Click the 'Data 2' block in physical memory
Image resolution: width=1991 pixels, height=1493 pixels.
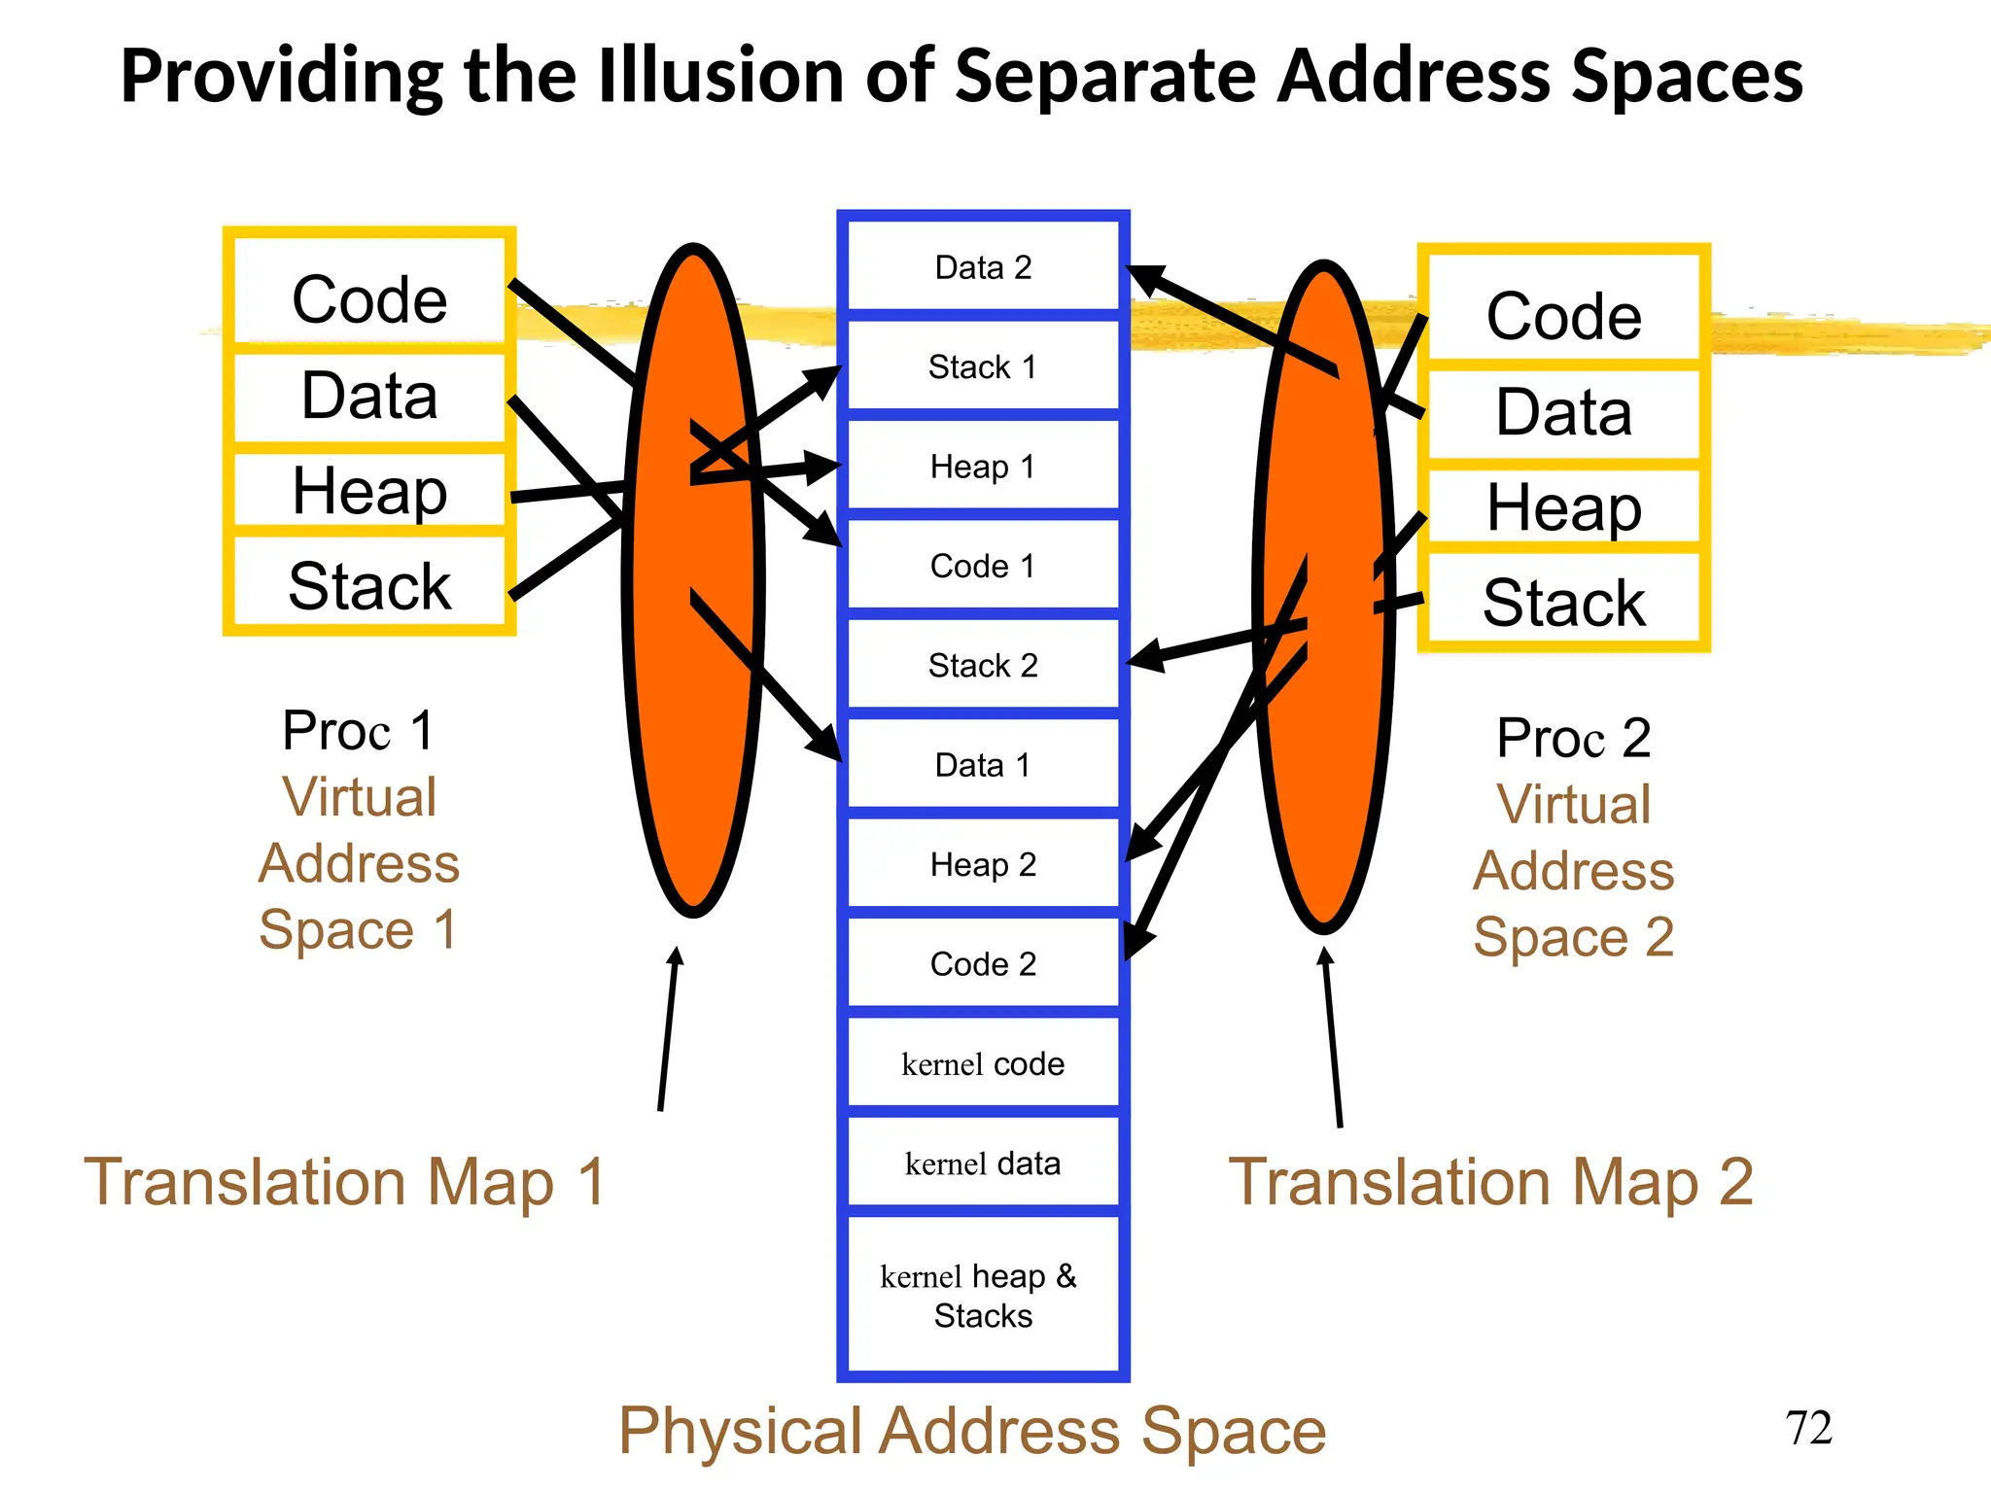click(983, 267)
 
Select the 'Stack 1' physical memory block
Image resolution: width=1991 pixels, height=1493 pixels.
click(983, 367)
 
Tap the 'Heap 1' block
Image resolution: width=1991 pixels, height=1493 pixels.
click(983, 467)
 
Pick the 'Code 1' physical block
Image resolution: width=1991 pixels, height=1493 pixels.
click(983, 566)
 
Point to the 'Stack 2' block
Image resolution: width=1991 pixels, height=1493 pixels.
click(983, 666)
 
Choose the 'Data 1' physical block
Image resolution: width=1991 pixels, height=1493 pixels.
click(983, 765)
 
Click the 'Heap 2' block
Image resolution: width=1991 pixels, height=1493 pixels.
click(983, 864)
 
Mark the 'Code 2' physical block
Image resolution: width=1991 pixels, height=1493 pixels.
click(983, 964)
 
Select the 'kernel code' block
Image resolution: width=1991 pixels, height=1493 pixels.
click(983, 1064)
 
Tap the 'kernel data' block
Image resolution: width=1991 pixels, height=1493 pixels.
click(983, 1163)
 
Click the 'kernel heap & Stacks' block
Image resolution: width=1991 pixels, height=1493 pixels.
click(983, 1295)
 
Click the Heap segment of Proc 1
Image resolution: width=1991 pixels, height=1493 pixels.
click(369, 490)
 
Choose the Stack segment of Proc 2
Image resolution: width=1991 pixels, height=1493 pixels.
click(1563, 602)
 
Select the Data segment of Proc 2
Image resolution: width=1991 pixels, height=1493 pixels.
click(1563, 411)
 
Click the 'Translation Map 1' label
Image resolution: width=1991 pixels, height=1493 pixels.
click(345, 1182)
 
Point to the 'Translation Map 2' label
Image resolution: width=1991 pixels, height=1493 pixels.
click(1490, 1182)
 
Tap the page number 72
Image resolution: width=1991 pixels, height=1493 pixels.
click(1808, 1428)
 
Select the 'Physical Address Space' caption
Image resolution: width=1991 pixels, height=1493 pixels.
click(972, 1430)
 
